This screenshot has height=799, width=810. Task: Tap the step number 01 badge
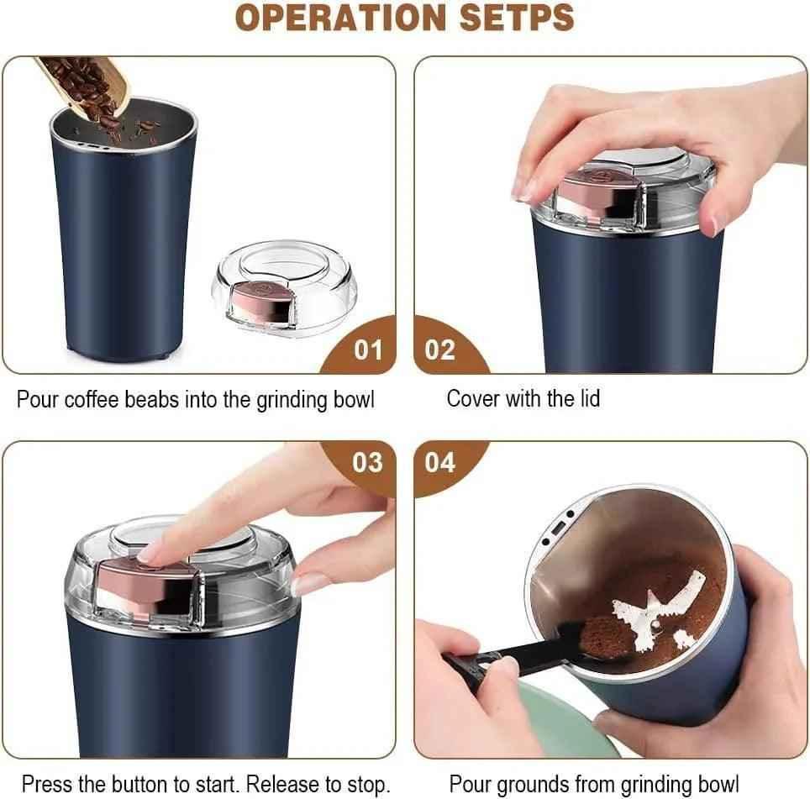click(x=367, y=350)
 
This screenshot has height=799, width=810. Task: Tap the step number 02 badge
click(x=439, y=350)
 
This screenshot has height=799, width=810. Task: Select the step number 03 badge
click(x=367, y=462)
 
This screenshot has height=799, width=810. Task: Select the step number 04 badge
click(x=439, y=462)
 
